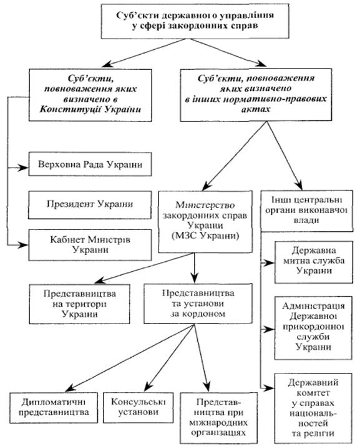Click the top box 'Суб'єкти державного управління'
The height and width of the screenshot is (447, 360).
pyautogui.click(x=195, y=21)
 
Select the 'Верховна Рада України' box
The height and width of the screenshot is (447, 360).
pyautogui.click(x=90, y=164)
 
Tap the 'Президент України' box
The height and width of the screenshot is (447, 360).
pyautogui.click(x=90, y=204)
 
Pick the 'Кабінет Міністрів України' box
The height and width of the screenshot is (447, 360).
pyautogui.click(x=90, y=245)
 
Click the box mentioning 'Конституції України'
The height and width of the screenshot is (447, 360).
pyautogui.click(x=90, y=95)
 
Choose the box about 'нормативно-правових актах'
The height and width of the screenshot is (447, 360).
pyautogui.click(x=256, y=95)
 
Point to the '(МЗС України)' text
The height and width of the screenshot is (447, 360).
pyautogui.click(x=205, y=236)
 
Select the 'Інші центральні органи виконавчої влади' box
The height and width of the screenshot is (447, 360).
pyautogui.click(x=307, y=211)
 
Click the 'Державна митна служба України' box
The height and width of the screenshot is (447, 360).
pyautogui.click(x=314, y=262)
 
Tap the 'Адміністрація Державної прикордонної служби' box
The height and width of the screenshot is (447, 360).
pyautogui.click(x=313, y=328)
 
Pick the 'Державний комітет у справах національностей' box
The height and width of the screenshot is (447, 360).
pyautogui.click(x=313, y=408)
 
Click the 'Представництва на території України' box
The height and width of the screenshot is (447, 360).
pyautogui.click(x=80, y=304)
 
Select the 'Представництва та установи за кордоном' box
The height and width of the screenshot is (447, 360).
pyautogui.click(x=198, y=304)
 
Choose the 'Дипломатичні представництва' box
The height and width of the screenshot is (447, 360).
pyautogui.click(x=54, y=408)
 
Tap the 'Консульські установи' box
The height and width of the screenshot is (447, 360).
pyautogui.click(x=139, y=408)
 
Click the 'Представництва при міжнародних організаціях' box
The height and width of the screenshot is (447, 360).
pyautogui.click(x=219, y=418)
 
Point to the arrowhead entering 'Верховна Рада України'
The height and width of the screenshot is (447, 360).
pyautogui.click(x=24, y=168)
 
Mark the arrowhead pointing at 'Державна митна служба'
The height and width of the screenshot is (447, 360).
pyautogui.click(x=270, y=263)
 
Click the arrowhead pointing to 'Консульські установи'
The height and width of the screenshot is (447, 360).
pyautogui.click(x=148, y=387)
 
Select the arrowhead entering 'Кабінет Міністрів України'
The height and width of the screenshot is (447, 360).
pyautogui.click(x=24, y=244)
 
